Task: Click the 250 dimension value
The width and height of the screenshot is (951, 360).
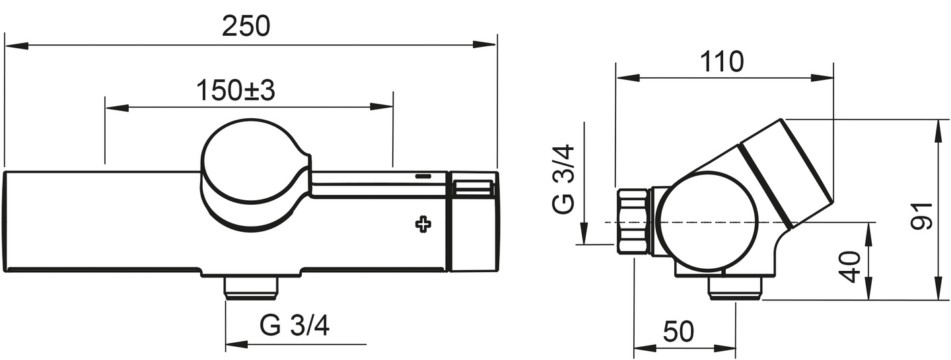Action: tap(246, 26)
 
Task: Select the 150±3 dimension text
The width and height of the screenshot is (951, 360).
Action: tap(235, 91)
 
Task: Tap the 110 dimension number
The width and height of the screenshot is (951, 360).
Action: tap(722, 62)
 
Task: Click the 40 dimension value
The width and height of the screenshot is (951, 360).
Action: tap(852, 266)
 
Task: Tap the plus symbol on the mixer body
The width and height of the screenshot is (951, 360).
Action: tap(423, 224)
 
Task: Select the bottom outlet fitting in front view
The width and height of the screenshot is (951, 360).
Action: tap(251, 287)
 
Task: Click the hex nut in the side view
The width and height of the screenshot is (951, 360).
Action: tap(633, 221)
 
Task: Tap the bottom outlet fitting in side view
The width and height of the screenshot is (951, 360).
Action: tap(735, 288)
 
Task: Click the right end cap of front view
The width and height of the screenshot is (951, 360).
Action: tap(472, 221)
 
